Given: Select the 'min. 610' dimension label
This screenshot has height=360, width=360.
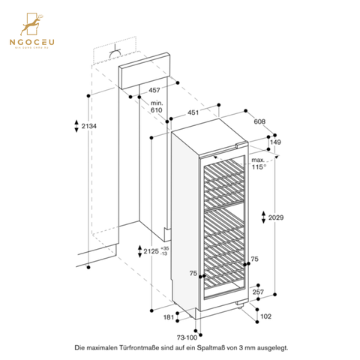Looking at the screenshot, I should tap(156, 106).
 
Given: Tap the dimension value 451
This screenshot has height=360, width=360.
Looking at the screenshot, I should tap(193, 114).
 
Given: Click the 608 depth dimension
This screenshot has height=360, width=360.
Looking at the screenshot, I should tap(259, 121).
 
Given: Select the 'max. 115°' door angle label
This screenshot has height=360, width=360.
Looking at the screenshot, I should tap(259, 163).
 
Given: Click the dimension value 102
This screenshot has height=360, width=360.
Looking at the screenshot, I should tap(265, 317).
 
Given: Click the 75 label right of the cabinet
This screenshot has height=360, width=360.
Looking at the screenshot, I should tap(255, 259).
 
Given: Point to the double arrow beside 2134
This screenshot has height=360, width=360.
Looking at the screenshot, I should tap(78, 125).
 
